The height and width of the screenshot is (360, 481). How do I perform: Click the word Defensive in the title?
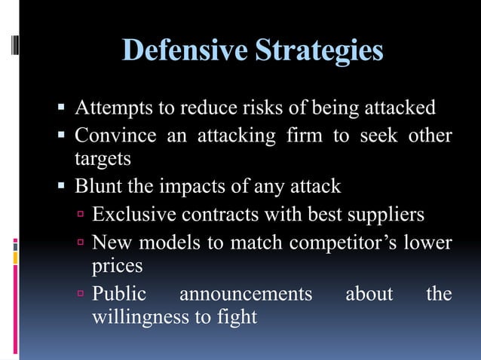point(185,51)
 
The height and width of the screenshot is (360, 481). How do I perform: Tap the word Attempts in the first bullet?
point(112,108)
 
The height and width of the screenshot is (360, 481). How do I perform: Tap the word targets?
point(103,160)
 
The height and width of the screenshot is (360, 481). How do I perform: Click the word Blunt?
point(97,187)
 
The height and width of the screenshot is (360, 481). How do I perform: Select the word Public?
point(119,294)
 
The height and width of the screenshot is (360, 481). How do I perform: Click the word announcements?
point(245,294)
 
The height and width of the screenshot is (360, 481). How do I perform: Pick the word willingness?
point(139,317)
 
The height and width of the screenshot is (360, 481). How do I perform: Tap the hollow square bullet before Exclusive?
point(81,215)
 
